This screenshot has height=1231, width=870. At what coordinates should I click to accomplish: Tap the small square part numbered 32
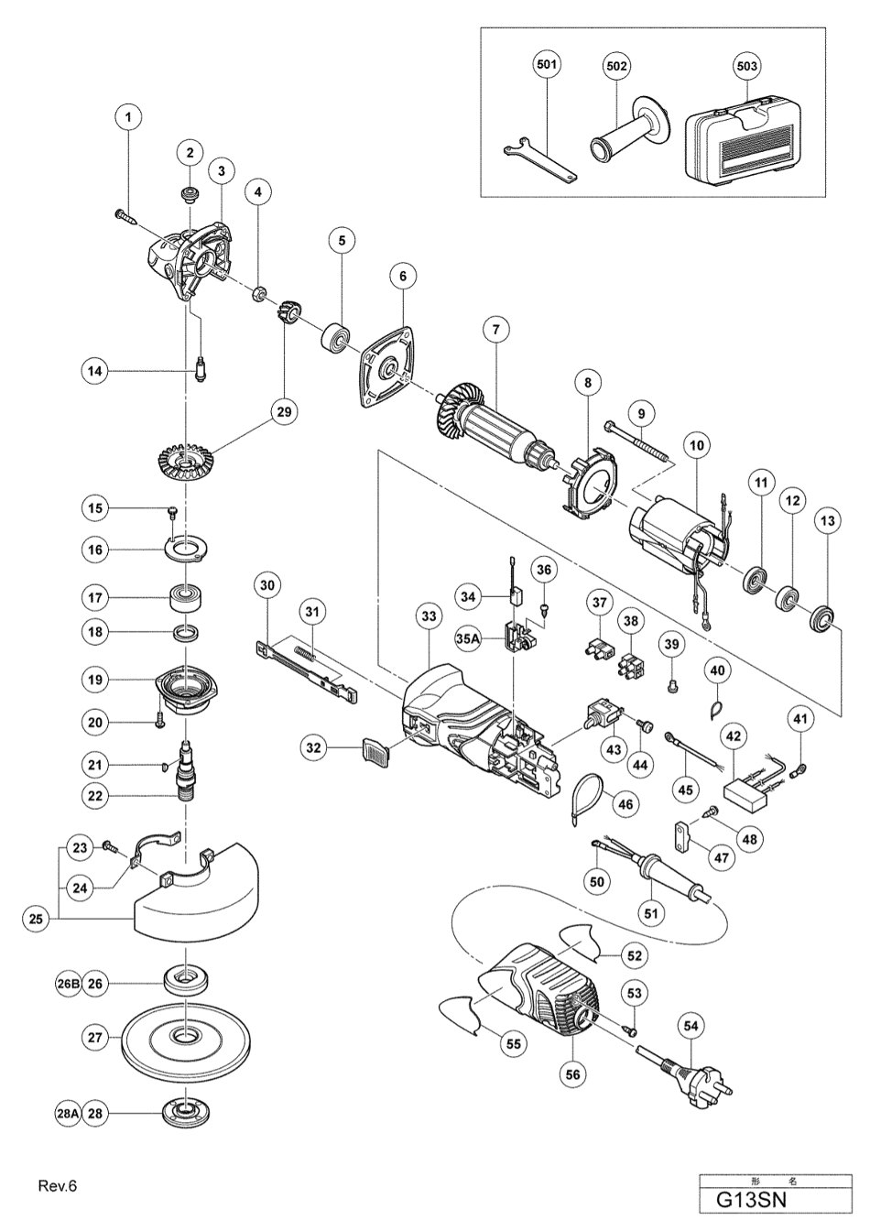point(370,749)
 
